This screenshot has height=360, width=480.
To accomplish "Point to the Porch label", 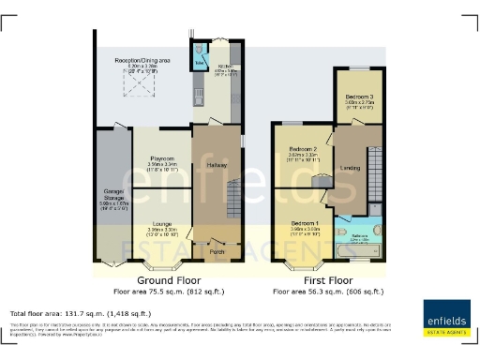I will pyautogui.click(x=219, y=251).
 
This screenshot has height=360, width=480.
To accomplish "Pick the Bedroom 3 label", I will pyautogui.click(x=359, y=97).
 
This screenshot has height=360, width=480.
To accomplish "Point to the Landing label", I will pyautogui.click(x=351, y=168).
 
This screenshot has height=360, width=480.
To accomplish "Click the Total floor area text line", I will pyautogui.click(x=80, y=312).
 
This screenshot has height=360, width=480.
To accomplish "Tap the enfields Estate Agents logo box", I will pyautogui.click(x=446, y=318).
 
